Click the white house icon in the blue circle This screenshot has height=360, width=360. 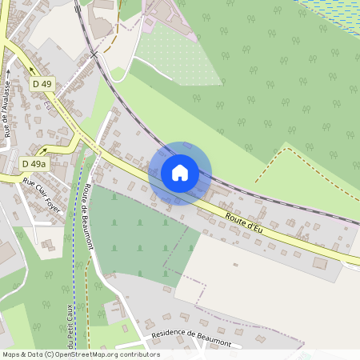(180, 173)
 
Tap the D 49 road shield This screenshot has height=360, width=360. (42, 83)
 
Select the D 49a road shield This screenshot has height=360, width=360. (34, 163)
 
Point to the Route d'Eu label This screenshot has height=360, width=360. (244, 222)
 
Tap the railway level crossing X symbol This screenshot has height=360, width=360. (94, 54)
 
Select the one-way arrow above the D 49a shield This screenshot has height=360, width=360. (44, 150)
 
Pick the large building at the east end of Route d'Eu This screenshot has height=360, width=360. (320, 262)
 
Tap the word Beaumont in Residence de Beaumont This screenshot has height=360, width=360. (210, 338)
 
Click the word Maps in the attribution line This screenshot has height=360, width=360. (11, 354)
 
